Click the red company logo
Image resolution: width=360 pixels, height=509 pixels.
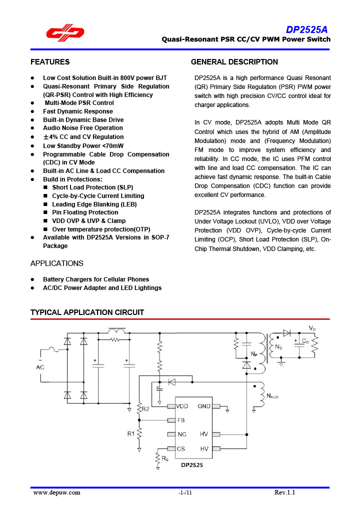click(x=65, y=33)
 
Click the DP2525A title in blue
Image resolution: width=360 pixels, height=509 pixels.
click(x=307, y=30)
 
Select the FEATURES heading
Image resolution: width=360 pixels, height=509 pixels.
click(x=50, y=62)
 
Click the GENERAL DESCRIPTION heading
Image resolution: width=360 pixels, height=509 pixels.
click(x=234, y=62)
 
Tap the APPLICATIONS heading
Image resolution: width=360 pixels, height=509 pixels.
click(x=57, y=263)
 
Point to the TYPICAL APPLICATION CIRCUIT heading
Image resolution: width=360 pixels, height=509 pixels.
click(x=87, y=312)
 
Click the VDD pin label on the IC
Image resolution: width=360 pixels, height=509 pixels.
click(x=182, y=406)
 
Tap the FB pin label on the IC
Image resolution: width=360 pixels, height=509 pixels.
click(x=181, y=420)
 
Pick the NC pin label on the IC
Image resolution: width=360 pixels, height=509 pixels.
click(x=182, y=434)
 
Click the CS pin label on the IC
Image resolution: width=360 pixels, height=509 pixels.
click(x=181, y=448)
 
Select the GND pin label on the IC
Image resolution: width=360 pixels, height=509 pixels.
click(x=204, y=406)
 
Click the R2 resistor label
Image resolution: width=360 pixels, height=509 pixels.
click(x=145, y=408)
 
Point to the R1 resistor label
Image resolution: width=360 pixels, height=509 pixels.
click(x=130, y=433)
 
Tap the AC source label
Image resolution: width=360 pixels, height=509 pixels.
click(x=39, y=367)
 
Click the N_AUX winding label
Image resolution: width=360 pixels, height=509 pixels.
click(x=272, y=396)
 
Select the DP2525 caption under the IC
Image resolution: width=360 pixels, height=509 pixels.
click(x=191, y=464)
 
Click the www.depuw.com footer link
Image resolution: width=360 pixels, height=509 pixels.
click(x=56, y=493)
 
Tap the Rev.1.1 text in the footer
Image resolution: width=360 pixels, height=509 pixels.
click(x=285, y=493)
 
